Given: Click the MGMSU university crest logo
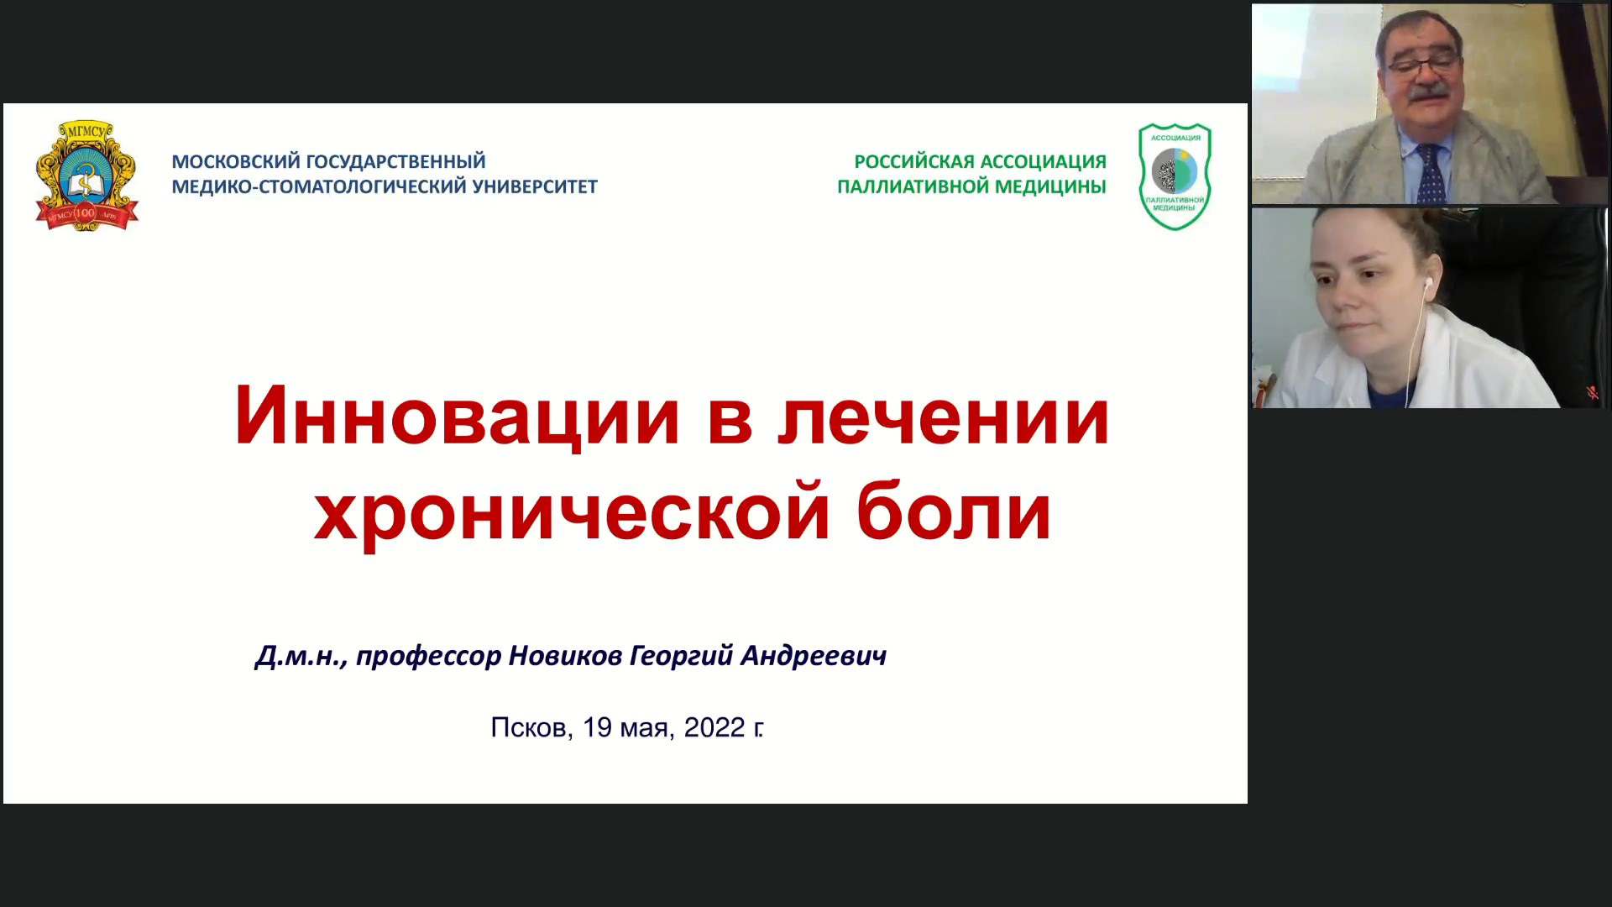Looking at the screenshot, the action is coord(87,176).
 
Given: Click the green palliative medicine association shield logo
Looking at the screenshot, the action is coord(1175,176).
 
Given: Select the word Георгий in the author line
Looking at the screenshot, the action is coord(681,656).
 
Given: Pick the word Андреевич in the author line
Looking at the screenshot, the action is coord(814,655).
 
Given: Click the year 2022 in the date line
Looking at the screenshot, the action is coord(714,727).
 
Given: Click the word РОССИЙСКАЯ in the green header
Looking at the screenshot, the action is coord(913,161).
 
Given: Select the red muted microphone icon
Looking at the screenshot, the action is coord(1591,392).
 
